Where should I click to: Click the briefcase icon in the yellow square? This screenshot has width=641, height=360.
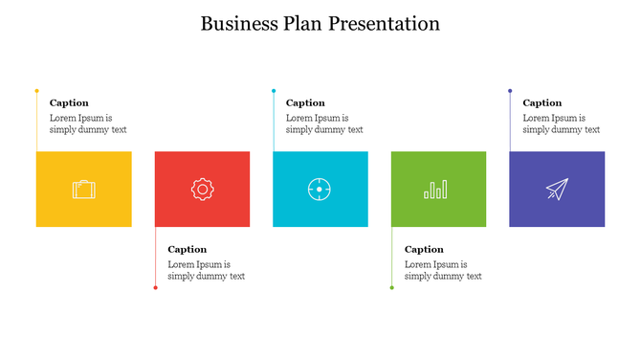(x=84, y=190)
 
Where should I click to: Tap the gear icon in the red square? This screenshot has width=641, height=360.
(x=202, y=190)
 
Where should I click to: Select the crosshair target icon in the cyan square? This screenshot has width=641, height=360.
(x=320, y=190)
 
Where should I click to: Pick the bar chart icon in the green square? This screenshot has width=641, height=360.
(x=436, y=190)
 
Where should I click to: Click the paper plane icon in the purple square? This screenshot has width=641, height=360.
(x=556, y=190)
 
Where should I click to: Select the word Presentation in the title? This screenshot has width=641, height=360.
(x=385, y=24)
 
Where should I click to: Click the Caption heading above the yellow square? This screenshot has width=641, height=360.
(x=69, y=102)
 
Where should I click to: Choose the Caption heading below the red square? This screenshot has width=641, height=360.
(x=187, y=249)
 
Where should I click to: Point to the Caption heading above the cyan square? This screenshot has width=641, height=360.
(x=305, y=102)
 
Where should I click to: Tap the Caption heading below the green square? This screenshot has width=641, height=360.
(x=424, y=249)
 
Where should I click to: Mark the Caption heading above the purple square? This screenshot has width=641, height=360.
(x=542, y=102)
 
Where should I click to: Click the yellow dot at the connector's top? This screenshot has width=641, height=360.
(x=36, y=91)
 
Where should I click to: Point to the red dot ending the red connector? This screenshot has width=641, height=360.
(x=155, y=287)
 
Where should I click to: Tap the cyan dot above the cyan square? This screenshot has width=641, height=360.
(x=274, y=91)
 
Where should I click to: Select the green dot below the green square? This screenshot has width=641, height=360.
(x=391, y=287)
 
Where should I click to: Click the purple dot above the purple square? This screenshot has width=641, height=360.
(x=510, y=91)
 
